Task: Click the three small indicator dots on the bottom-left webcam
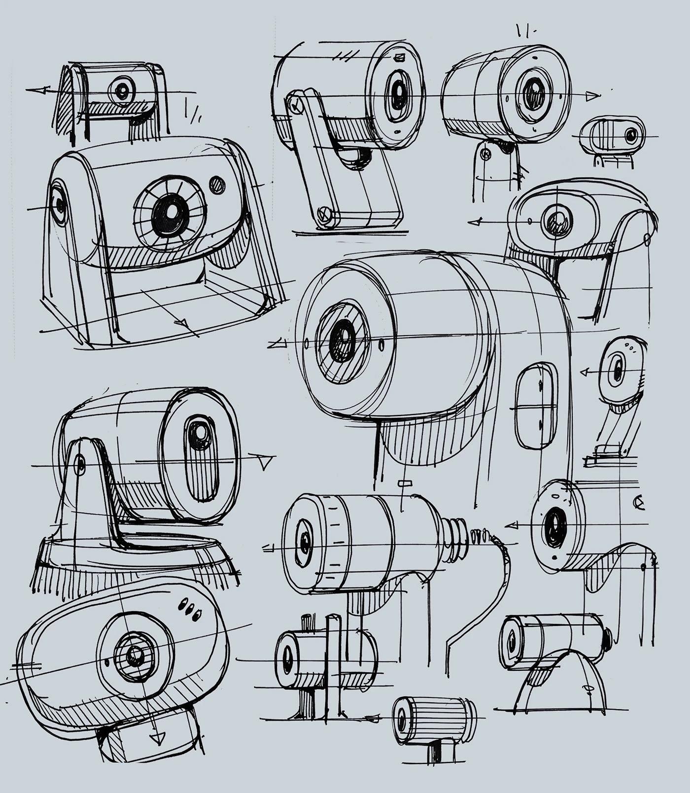(x=190, y=609)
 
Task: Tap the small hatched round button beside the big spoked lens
(x=217, y=185)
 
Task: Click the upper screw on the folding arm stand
(x=295, y=104)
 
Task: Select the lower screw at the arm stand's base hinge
(x=323, y=213)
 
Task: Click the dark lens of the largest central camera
(x=342, y=341)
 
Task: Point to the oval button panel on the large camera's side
(x=536, y=407)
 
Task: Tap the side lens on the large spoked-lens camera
(x=58, y=204)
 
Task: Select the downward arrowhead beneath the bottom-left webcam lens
(x=157, y=738)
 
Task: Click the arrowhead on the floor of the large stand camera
(x=182, y=324)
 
